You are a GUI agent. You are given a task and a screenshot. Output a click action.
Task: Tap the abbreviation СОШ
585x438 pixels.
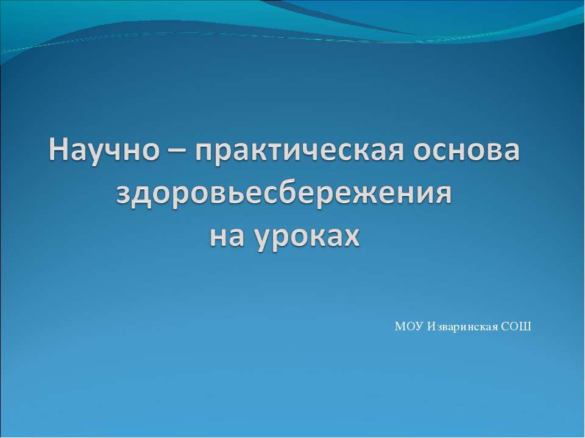coord(517,327)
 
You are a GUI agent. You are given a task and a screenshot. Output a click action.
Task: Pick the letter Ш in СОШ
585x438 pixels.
coord(526,327)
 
